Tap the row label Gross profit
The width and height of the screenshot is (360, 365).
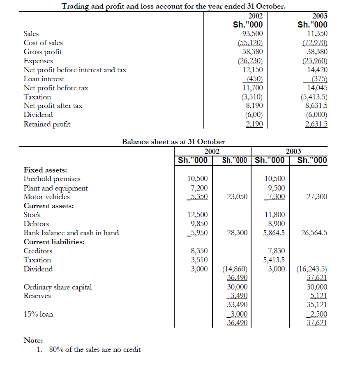pyautogui.click(x=43, y=52)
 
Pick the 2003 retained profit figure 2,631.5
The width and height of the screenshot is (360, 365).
pyautogui.click(x=316, y=124)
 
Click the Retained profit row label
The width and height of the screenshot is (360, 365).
pyautogui.click(x=47, y=124)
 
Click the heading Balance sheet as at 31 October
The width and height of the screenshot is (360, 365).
pyautogui.click(x=173, y=142)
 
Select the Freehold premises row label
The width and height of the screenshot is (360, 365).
pyautogui.click(x=52, y=179)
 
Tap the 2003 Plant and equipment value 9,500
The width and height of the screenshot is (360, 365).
pyautogui.click(x=275, y=188)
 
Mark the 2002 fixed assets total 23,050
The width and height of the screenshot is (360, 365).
pyautogui.click(x=237, y=197)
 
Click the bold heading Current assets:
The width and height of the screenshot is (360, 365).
pyautogui.click(x=48, y=206)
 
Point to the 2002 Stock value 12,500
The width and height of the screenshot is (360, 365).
pyautogui.click(x=197, y=215)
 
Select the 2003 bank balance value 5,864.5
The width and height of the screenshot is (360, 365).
pyautogui.click(x=274, y=233)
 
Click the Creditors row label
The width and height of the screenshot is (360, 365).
pyautogui.click(x=38, y=251)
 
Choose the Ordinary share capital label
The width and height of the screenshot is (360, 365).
pyautogui.click(x=58, y=287)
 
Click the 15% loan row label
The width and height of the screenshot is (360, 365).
pyautogui.click(x=38, y=314)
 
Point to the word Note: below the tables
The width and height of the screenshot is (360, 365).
pyautogui.click(x=33, y=340)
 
